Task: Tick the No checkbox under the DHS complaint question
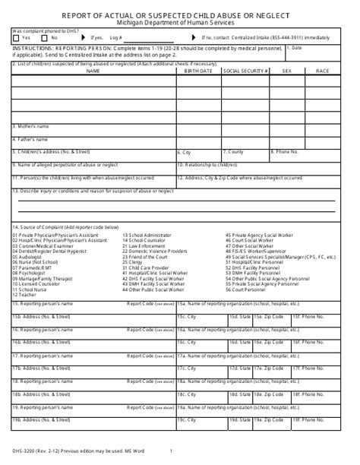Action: point(46,36)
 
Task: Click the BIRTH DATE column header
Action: point(198,70)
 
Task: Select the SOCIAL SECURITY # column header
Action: point(246,70)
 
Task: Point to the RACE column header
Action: point(322,70)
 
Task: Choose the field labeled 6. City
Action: point(185,152)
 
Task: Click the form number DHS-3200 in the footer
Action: point(24,454)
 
